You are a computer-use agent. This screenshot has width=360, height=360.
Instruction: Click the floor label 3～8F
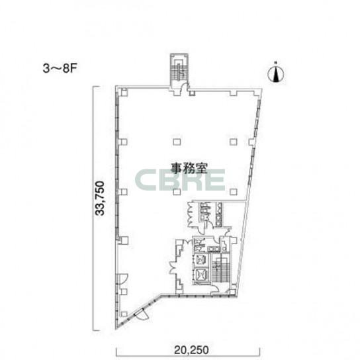pos(60,68)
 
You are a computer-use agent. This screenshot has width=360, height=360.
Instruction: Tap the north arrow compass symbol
pos(276,73)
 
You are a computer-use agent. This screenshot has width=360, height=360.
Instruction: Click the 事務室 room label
pos(189,168)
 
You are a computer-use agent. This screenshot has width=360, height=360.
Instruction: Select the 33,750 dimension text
pos(101,199)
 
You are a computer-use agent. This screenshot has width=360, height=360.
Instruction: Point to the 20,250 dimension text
pos(191,350)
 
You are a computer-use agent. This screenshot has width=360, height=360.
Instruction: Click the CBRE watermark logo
pos(180,180)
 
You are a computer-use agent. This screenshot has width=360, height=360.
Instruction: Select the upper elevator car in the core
pos(202,260)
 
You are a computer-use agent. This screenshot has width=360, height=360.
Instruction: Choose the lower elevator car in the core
pos(202,275)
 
